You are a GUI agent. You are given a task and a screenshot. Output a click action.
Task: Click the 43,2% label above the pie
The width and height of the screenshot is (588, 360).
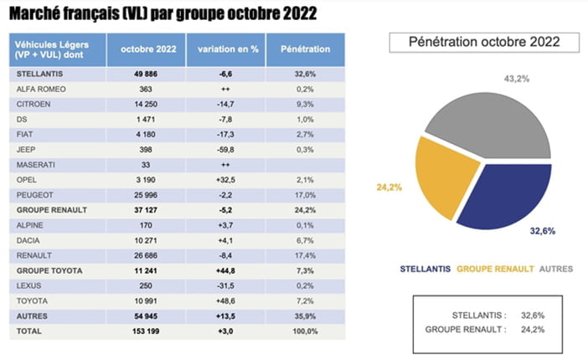pos(517,79)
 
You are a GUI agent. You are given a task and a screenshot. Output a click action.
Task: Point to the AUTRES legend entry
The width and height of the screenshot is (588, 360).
pos(556,269)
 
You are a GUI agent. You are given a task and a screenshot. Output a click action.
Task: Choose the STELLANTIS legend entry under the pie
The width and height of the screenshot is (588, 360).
pos(426,269)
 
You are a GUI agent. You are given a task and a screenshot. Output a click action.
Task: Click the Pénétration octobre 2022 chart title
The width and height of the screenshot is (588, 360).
pos(484,42)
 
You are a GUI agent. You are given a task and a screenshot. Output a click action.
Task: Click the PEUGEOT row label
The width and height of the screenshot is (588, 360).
pos(35,195)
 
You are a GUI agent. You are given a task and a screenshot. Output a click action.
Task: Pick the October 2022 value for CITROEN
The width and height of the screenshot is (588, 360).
pos(146,105)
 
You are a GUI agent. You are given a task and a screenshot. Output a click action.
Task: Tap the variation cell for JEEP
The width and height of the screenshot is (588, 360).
pos(225,150)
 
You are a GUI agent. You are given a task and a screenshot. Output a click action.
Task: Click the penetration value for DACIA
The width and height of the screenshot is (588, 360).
pos(305,240)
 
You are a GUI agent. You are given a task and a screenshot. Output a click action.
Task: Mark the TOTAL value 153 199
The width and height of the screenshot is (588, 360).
pos(146,332)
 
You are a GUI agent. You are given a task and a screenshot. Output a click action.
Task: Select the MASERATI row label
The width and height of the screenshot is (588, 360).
pos(36,165)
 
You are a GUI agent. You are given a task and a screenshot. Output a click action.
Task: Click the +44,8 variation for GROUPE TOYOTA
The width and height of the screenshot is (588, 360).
pos(225,270)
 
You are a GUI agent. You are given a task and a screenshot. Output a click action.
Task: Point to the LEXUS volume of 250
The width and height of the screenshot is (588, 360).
pos(146,285)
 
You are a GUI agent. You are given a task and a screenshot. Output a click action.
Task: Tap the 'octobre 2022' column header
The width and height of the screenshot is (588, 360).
pos(148,49)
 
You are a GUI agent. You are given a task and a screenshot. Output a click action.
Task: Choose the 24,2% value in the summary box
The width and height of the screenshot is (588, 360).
pos(533,330)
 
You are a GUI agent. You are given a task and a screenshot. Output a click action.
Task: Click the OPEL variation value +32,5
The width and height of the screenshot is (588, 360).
pos(225,180)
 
